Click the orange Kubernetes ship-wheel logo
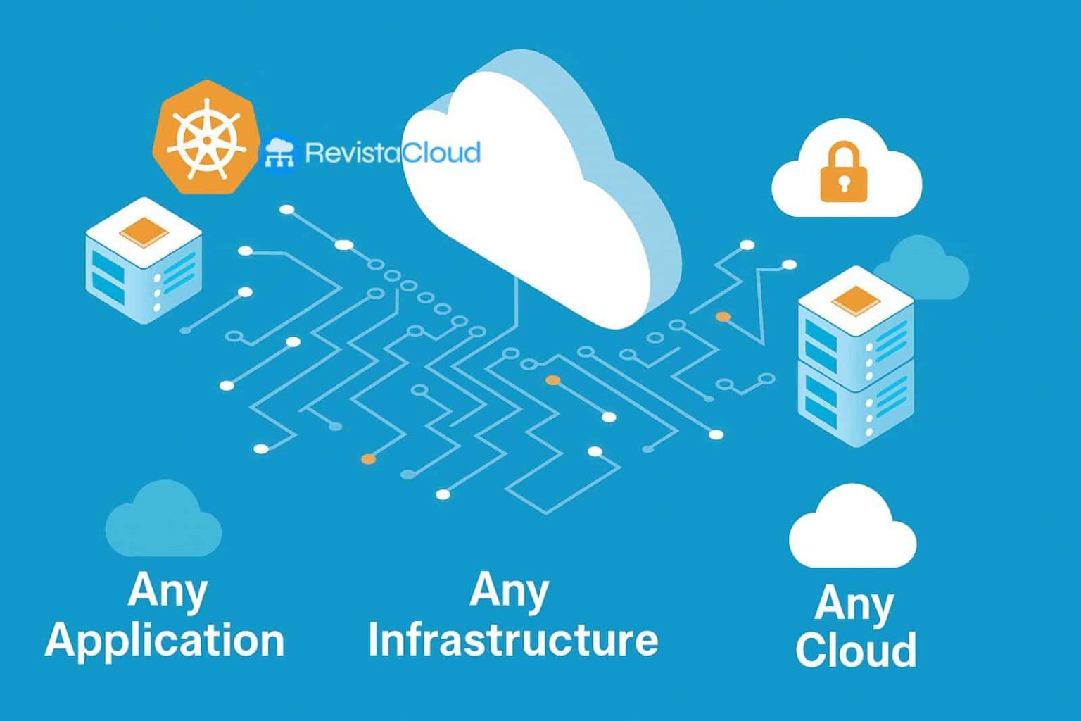[x=205, y=138]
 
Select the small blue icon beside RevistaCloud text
[x=279, y=153]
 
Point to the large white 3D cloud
[x=535, y=190]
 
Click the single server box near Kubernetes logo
[x=144, y=261]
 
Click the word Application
[x=165, y=641]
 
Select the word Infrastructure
[x=513, y=639]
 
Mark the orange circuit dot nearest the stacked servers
[x=723, y=317]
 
